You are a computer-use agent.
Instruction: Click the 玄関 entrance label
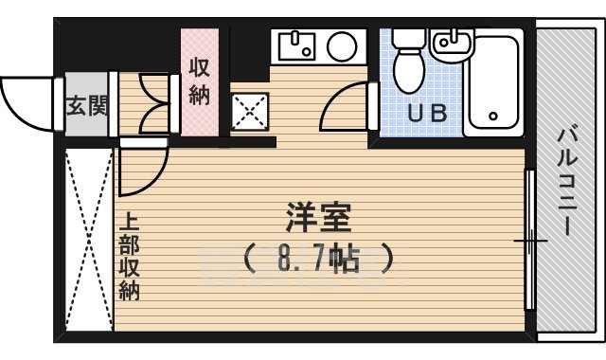[x=86, y=105]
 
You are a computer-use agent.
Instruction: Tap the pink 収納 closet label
[x=200, y=81]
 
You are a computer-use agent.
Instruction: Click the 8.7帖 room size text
[x=318, y=258]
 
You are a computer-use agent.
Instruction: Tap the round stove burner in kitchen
[x=341, y=45]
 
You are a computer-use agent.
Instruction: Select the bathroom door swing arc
[x=346, y=110]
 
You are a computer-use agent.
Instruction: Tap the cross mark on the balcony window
[x=530, y=243]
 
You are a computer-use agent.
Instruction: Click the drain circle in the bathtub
[x=493, y=117]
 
